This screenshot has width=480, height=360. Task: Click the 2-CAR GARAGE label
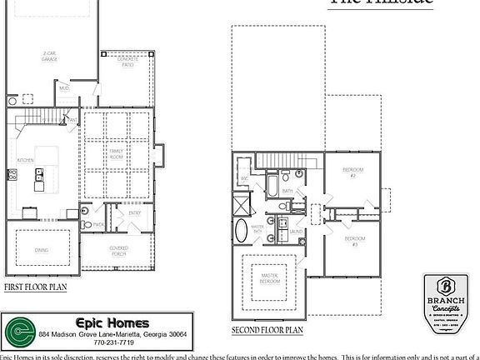coord(50,57)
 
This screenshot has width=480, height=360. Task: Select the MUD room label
coord(63,88)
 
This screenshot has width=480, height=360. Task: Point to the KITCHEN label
coord(25,159)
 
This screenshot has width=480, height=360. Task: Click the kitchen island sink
coord(39,174)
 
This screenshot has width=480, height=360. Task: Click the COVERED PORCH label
coord(118,250)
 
